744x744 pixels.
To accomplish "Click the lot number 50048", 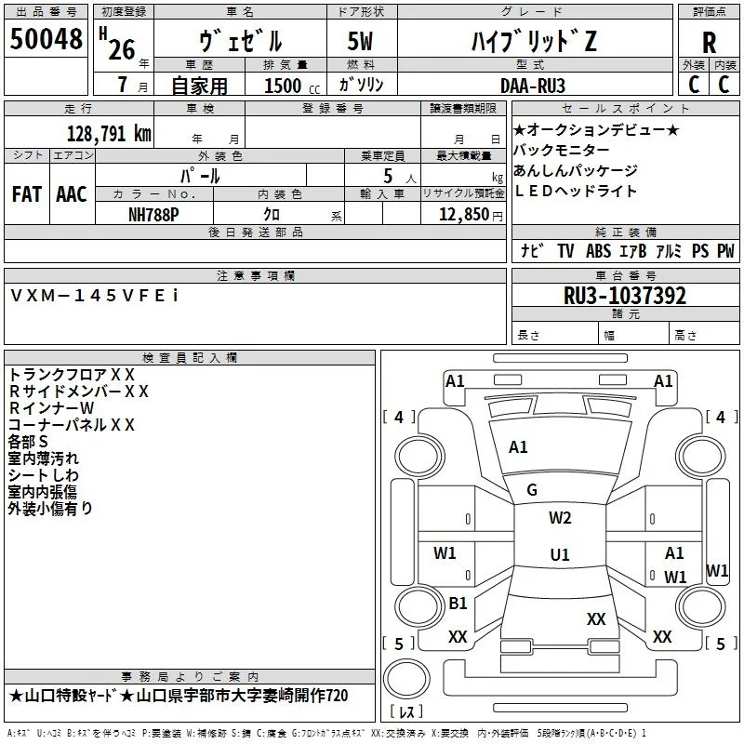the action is click(x=46, y=39).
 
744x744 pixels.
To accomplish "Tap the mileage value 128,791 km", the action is click(x=109, y=134).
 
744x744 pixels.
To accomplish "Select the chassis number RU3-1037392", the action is click(x=625, y=296).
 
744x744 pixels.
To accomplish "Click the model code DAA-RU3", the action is click(x=533, y=86).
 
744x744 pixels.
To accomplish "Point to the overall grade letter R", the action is click(x=709, y=43).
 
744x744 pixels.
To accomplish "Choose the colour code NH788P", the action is click(x=153, y=215).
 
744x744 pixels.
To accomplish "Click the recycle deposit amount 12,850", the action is click(x=463, y=215).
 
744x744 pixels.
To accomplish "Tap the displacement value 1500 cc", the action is click(x=292, y=86).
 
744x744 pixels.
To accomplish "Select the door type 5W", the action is click(x=360, y=41).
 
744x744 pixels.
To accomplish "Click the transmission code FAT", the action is click(x=27, y=194).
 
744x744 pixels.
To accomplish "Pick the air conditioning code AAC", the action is click(x=72, y=194).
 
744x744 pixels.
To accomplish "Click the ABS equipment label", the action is click(x=598, y=250).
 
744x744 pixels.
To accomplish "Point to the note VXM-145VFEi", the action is click(x=95, y=296).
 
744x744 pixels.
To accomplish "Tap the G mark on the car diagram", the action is click(x=532, y=490).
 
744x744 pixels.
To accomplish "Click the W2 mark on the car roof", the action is click(x=560, y=518).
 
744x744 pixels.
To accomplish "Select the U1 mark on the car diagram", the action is click(x=560, y=554).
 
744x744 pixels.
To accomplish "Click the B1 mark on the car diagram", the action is click(x=458, y=603).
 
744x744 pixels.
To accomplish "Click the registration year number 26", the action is click(x=122, y=49).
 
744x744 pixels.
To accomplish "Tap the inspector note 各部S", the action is click(x=28, y=442).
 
